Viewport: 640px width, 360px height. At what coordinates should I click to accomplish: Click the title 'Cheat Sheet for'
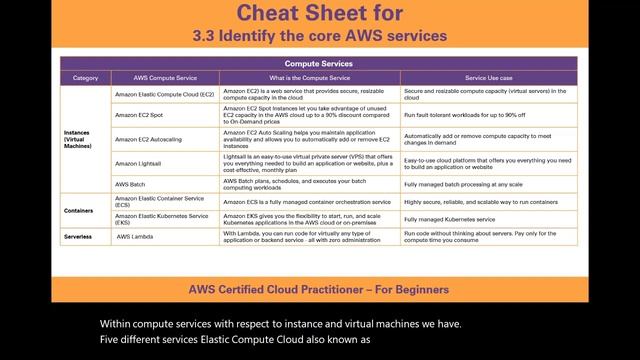pos(319,14)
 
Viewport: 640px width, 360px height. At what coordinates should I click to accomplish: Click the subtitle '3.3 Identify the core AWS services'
pos(319,36)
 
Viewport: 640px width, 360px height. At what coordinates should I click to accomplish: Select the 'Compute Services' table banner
pos(319,64)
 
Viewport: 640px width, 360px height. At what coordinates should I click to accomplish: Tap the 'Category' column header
pos(86,77)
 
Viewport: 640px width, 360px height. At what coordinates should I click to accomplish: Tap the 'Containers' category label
pos(79,211)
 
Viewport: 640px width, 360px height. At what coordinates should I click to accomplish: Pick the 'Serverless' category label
pos(79,237)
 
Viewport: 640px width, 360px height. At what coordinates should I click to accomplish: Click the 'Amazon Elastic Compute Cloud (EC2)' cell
pos(165,94)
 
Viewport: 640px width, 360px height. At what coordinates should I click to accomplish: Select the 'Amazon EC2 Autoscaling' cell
pos(149,139)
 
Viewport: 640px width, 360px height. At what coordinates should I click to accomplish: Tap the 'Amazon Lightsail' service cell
pos(139,163)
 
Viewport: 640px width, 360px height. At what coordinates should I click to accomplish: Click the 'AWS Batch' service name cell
pos(130,185)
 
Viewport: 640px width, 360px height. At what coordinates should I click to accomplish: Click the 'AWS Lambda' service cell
pos(136,237)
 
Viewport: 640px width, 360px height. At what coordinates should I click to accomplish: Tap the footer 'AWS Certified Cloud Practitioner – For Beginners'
pos(319,289)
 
